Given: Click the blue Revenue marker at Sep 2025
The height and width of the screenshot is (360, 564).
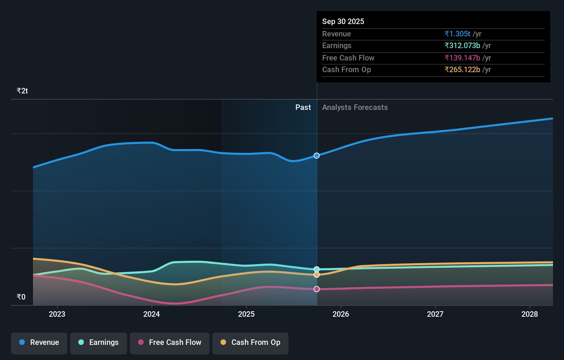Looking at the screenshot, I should pos(317,156).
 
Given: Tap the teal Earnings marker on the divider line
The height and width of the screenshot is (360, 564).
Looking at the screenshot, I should pos(317,269).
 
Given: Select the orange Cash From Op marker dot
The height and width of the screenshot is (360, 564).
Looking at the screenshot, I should pos(317,275).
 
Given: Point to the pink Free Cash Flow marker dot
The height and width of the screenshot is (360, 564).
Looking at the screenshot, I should pos(317,289).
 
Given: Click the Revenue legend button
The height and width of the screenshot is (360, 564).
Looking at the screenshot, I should pos(39,342).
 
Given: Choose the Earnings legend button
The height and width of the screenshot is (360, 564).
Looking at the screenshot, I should pos(99,342).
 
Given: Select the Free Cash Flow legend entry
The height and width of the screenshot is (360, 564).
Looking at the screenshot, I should pos(170,342).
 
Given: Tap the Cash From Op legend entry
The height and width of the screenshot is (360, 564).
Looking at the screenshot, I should pos(250,342).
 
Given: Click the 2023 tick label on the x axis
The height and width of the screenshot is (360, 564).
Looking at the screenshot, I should pos(57,314).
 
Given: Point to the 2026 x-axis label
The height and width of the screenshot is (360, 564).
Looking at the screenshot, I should pos(341,314).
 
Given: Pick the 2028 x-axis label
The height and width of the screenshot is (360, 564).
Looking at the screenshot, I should pos(530,314).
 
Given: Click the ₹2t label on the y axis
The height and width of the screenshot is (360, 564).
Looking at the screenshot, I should pos(22,91).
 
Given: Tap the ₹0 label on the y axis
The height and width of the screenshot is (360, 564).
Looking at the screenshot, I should pos(21,297).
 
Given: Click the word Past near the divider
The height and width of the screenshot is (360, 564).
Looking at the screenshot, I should pos(303,108).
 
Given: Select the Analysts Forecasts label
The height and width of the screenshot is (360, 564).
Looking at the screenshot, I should pos(355,108).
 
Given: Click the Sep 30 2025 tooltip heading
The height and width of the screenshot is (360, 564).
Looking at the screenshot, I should pos(343,22).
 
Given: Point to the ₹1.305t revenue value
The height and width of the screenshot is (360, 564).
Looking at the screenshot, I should pos(457,34).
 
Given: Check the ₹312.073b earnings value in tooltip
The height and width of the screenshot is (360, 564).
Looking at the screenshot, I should pos(462,46).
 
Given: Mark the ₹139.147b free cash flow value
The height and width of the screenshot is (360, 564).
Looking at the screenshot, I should pos(462,58).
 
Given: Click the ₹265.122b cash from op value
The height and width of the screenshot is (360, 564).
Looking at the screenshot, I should pos(462,70).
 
